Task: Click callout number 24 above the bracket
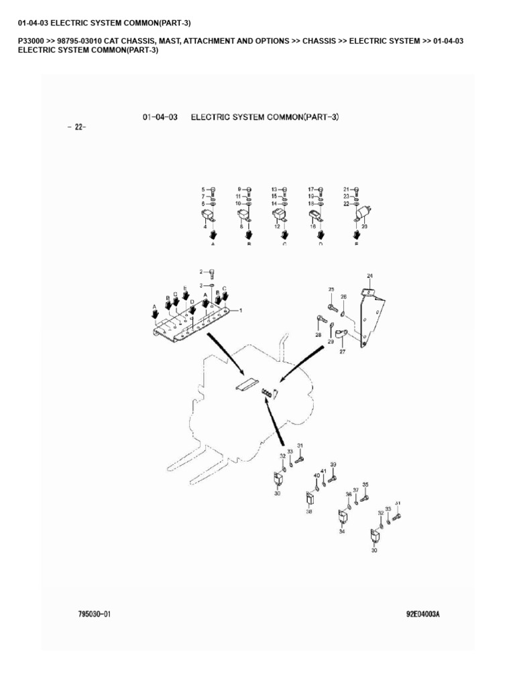tap(369, 276)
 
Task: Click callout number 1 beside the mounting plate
tap(241, 310)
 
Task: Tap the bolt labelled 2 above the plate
tap(212, 273)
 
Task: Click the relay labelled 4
tap(209, 216)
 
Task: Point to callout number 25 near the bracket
tap(331, 289)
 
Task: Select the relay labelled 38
tap(310, 499)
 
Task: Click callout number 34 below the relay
tap(341, 532)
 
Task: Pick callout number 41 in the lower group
tap(323, 472)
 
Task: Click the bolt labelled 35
tap(364, 498)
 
